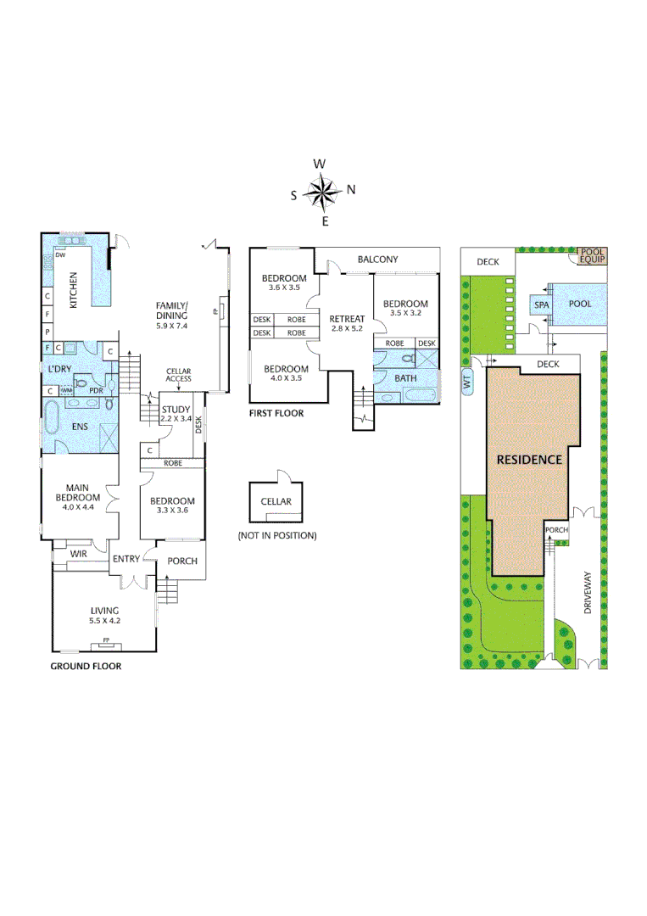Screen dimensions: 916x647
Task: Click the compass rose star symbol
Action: (323, 192)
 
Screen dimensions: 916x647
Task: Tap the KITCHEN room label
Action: (74, 290)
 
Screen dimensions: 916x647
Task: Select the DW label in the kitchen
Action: (61, 254)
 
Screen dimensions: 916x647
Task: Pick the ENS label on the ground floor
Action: (81, 427)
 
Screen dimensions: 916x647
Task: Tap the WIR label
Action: (79, 554)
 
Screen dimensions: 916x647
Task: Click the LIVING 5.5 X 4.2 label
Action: (105, 615)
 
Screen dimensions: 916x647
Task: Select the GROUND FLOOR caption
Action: (86, 667)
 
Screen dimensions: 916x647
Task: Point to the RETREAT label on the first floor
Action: (348, 323)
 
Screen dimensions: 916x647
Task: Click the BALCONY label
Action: (377, 260)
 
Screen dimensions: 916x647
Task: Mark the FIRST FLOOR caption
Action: (276, 414)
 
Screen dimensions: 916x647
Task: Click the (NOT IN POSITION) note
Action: (276, 535)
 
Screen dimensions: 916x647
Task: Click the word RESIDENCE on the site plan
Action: (529, 460)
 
